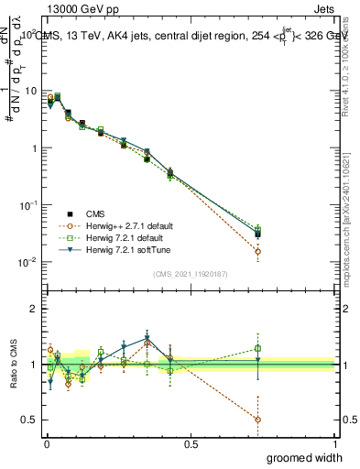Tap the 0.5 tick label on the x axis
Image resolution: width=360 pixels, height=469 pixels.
tap(191, 443)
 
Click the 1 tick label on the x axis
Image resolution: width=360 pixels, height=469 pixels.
tap(334, 443)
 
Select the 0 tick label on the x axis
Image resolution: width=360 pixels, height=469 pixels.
tap(46, 443)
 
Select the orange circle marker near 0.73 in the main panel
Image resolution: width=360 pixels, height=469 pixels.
tap(257, 251)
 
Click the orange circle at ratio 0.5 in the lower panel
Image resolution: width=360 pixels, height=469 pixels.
tap(257, 420)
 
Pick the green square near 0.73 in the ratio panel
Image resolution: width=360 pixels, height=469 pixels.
tap(257, 348)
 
